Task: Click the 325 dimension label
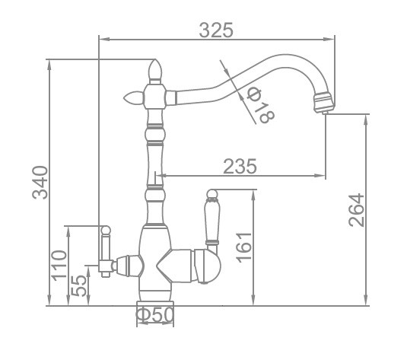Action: click(216, 30)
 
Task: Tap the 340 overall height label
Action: click(40, 183)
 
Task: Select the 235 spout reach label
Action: click(240, 166)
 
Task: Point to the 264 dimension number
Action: click(357, 210)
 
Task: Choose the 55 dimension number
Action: click(78, 285)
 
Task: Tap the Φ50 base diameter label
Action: click(154, 315)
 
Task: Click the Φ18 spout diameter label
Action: click(260, 105)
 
